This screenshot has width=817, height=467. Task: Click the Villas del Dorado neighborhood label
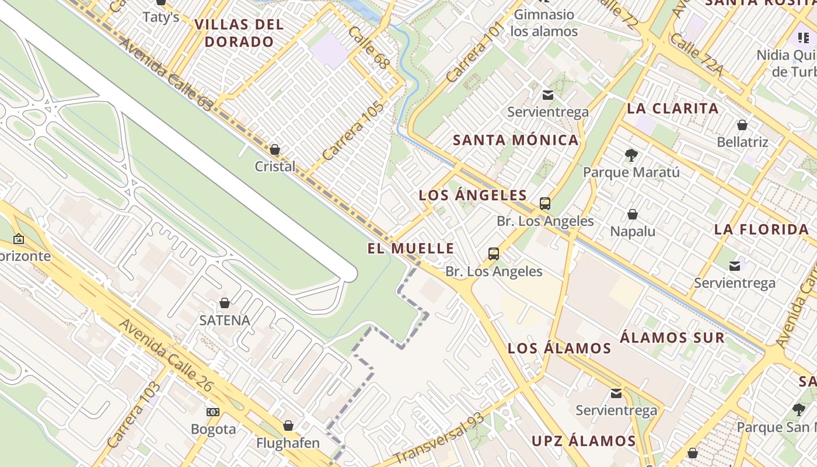tap(239, 33)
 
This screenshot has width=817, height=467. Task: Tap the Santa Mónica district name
tap(516, 140)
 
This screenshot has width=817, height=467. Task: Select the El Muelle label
tap(411, 249)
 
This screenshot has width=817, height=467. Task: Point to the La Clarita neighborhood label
tap(673, 109)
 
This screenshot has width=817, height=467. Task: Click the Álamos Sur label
tap(672, 337)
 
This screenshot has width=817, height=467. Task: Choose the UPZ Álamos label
tap(584, 441)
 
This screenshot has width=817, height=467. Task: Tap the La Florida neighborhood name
tap(762, 229)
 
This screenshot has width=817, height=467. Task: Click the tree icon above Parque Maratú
tap(631, 155)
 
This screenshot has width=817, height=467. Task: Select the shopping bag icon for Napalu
tap(632, 215)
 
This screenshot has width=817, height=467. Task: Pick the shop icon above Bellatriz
tap(742, 125)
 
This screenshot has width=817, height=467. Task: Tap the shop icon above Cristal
tap(275, 150)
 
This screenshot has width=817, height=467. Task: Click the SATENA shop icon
tap(224, 303)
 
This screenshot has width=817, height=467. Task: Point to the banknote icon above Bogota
tap(213, 412)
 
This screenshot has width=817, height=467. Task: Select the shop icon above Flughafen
tap(288, 426)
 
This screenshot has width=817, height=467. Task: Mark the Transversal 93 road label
tap(439, 438)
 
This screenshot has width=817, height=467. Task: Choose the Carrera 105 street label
tap(354, 131)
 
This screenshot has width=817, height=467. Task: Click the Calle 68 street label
tap(368, 47)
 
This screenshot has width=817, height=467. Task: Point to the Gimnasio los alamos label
tap(544, 23)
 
